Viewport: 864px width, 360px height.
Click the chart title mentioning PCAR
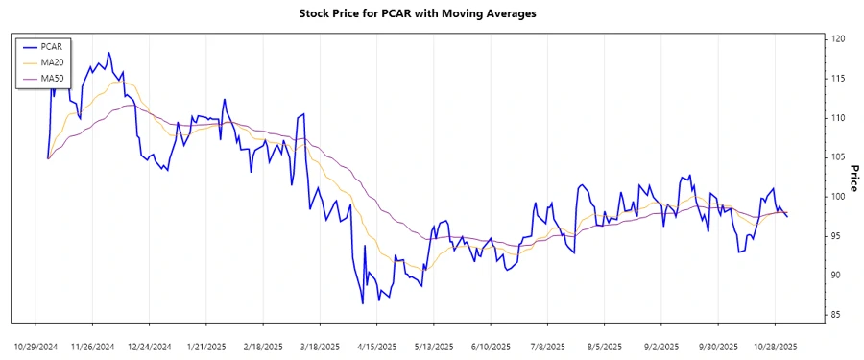[x=432, y=13]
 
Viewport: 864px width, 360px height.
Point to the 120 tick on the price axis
[x=838, y=39]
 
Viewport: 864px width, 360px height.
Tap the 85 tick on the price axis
[x=837, y=315]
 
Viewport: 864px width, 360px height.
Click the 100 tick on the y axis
[x=838, y=197]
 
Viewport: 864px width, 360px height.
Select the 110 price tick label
[x=838, y=118]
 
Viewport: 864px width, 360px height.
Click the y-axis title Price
[x=853, y=178]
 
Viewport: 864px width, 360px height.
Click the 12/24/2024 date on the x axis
[x=149, y=346]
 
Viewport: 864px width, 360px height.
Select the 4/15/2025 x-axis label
[x=376, y=346]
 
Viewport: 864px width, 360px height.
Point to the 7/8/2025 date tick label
[x=547, y=346]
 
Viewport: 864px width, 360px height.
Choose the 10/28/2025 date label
[x=775, y=346]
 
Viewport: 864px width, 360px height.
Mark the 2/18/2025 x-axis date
[x=263, y=346]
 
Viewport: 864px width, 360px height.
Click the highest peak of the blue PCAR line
[x=108, y=53]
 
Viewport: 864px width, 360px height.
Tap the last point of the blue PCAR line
[x=787, y=216]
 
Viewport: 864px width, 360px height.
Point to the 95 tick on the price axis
[x=837, y=236]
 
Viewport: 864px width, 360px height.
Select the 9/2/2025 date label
[x=661, y=346]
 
